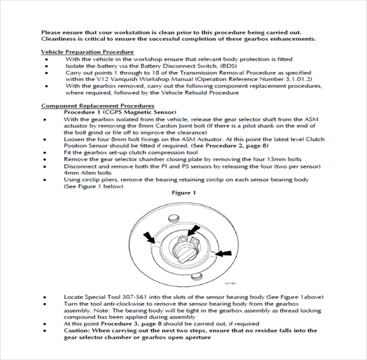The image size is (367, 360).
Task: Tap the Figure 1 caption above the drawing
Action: [184, 194]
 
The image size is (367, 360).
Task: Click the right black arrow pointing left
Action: [223, 254]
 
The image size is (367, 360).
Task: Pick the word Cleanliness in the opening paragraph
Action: [61, 38]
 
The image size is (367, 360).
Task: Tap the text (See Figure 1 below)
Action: [93, 187]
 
